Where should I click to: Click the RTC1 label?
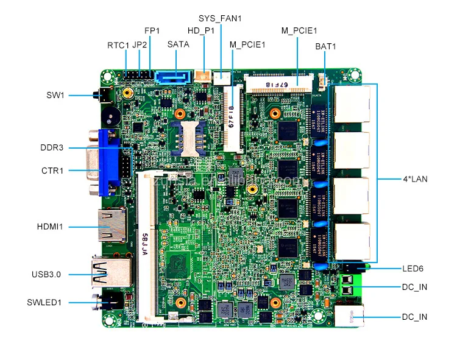pyautogui.click(x=118, y=45)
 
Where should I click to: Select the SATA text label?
pyautogui.click(x=178, y=44)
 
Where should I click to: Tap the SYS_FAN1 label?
pyautogui.click(x=220, y=18)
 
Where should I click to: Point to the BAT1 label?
pyautogui.click(x=325, y=46)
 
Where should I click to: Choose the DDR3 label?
pyautogui.click(x=52, y=147)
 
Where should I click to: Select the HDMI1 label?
pyautogui.click(x=50, y=227)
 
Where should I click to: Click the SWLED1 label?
pyautogui.click(x=46, y=302)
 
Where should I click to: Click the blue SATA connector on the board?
pyautogui.click(x=174, y=78)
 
